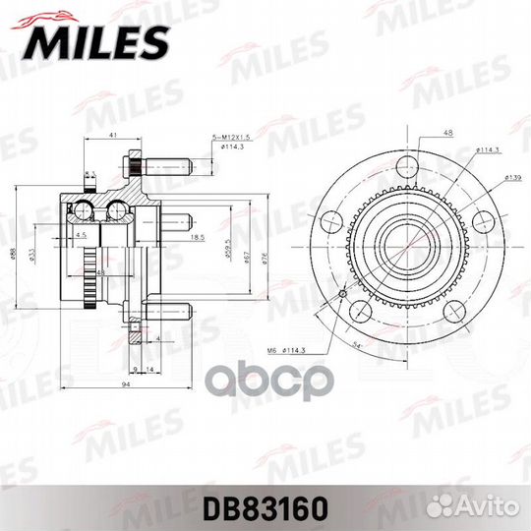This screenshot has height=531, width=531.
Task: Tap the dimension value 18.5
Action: (x=196, y=237)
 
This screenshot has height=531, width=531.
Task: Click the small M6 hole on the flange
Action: (x=342, y=293)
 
